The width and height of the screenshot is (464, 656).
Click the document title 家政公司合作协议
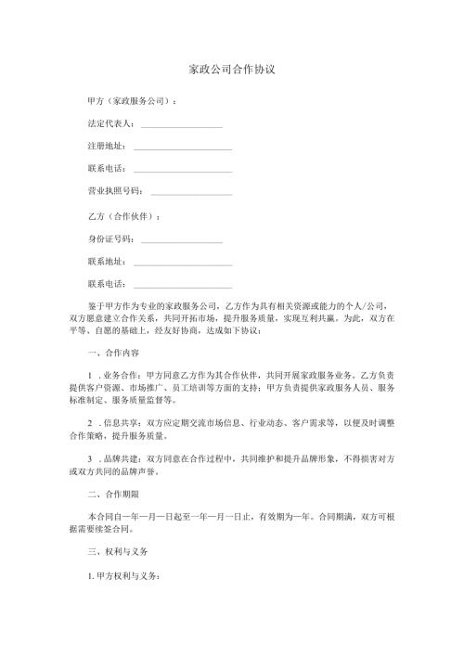point(231,70)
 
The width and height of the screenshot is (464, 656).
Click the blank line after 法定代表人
point(182,124)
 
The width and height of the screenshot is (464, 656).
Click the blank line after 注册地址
point(183,147)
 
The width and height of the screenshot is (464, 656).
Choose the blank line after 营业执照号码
point(190,192)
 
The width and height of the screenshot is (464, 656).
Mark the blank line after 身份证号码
point(182,240)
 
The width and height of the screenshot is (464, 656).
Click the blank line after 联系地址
point(183,263)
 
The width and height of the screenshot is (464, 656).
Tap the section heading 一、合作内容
point(113,353)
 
